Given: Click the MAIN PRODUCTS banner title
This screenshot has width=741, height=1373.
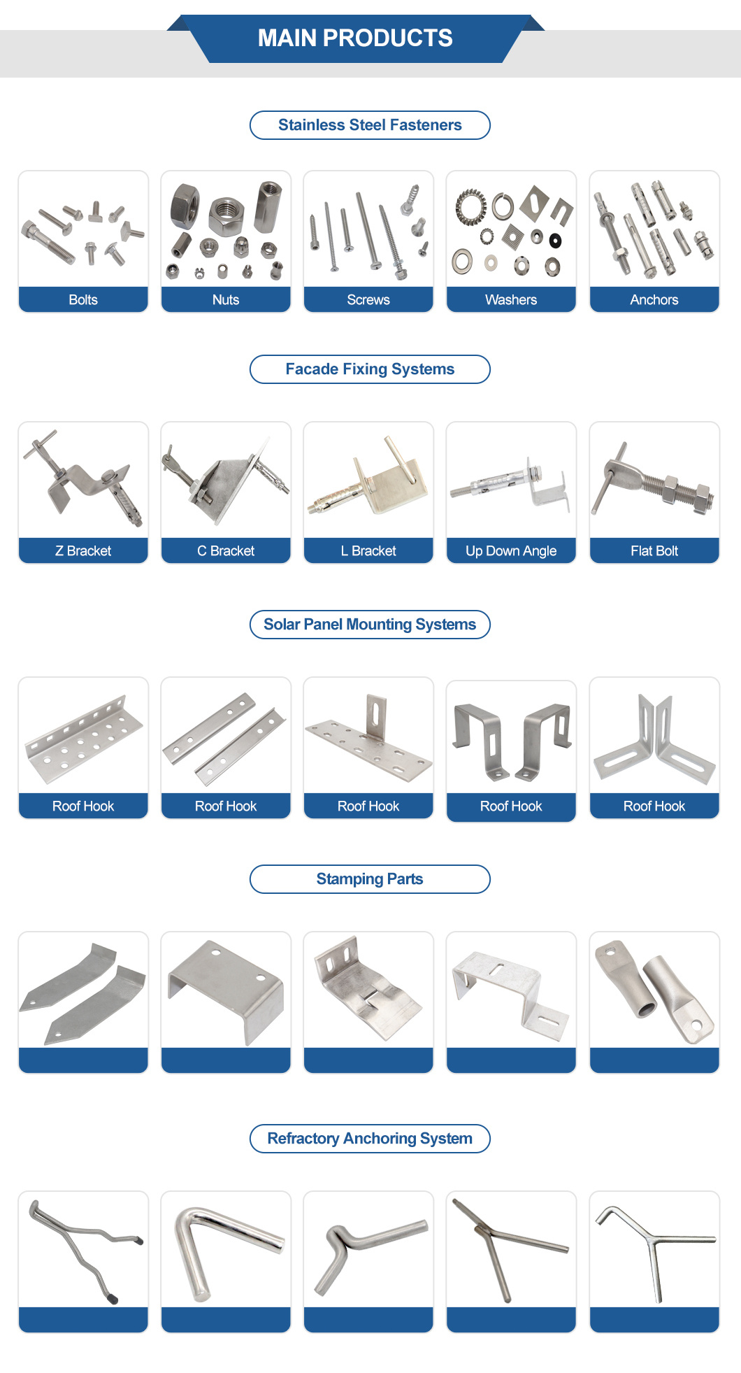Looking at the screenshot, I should tap(355, 38).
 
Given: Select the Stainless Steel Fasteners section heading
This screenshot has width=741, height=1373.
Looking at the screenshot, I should tap(370, 125).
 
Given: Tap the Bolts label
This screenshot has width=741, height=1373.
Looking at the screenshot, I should tap(83, 299).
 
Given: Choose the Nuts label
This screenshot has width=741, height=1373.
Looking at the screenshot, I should tap(226, 299).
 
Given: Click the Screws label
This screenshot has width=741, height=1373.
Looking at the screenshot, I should tap(368, 299).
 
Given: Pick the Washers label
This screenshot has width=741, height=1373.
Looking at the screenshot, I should tap(511, 299).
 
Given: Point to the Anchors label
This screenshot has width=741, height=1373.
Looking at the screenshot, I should tap(654, 299).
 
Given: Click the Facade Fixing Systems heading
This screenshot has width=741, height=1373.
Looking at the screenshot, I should tap(370, 369).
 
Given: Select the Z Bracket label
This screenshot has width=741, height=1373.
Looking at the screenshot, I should tap(83, 550).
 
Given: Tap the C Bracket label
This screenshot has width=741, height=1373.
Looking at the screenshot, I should tap(226, 550).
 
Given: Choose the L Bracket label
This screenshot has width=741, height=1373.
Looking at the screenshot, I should tap(368, 550).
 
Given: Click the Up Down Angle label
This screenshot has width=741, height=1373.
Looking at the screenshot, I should tap(511, 550).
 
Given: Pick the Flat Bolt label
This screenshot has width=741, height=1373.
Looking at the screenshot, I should tap(654, 550).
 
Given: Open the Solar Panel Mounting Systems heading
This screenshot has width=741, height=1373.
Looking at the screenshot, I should tap(370, 625).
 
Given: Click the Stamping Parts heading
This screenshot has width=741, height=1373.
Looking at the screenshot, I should tap(370, 879).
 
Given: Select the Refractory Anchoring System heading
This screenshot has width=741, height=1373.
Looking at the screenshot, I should tap(370, 1139).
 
